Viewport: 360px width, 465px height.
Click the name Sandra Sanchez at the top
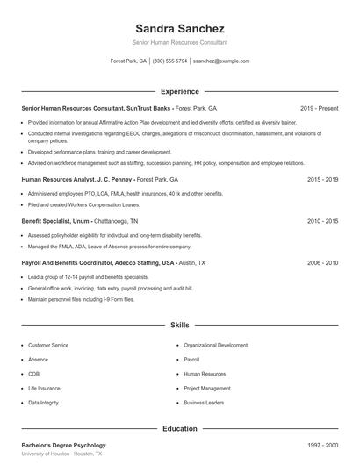point(179,29)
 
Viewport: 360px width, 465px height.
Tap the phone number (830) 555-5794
point(169,61)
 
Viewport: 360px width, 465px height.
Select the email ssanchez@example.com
point(221,61)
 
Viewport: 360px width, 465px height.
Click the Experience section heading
point(179,91)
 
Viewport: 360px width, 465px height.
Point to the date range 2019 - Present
point(319,108)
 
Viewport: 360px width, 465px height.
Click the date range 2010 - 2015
point(322,221)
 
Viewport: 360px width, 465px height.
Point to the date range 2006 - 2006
point(322,262)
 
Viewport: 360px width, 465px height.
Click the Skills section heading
point(179,325)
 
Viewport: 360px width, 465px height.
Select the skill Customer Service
point(48,346)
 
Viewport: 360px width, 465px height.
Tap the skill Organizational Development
point(215,346)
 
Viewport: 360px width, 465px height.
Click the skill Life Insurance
point(44,388)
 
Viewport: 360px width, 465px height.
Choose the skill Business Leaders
point(204,403)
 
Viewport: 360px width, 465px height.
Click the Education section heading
point(179,429)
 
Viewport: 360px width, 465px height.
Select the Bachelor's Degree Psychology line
point(63,446)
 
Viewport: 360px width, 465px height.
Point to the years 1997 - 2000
point(322,446)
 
